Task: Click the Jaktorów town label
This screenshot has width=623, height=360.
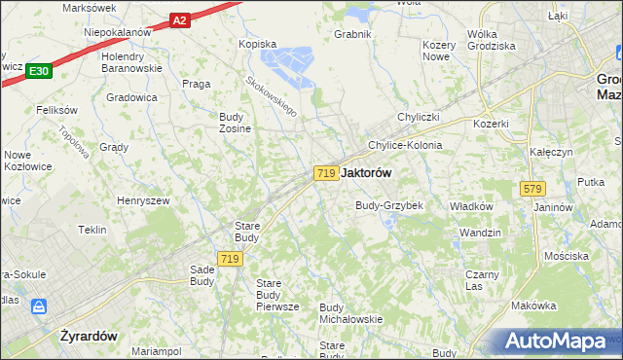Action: [x=367, y=172]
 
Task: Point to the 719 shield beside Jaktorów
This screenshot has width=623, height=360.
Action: [x=326, y=172]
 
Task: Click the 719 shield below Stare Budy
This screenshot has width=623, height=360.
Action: [x=230, y=258]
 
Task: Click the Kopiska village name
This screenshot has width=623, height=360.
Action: [x=258, y=44]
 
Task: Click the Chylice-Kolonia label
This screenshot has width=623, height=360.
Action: [x=404, y=145]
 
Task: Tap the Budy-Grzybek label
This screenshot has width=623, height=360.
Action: [x=388, y=205]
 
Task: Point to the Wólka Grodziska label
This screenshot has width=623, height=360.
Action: [x=490, y=40]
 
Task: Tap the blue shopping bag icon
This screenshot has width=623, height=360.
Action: [x=40, y=306]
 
